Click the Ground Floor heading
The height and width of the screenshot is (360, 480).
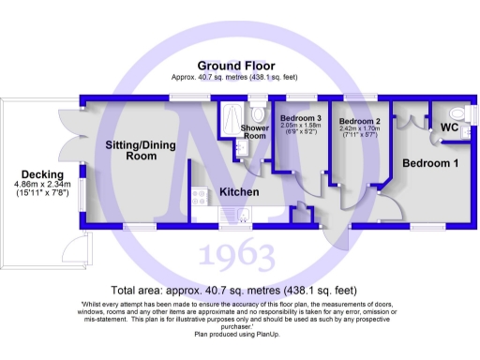(x=236, y=66)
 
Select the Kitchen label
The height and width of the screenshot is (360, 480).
(x=239, y=192)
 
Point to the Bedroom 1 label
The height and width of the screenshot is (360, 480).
(x=430, y=163)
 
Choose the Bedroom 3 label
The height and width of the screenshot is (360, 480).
(x=300, y=117)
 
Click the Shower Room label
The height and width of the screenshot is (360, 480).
(x=255, y=132)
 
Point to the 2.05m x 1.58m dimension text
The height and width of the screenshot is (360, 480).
(x=300, y=126)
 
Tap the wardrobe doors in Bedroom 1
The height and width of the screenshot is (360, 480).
(x=405, y=120)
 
